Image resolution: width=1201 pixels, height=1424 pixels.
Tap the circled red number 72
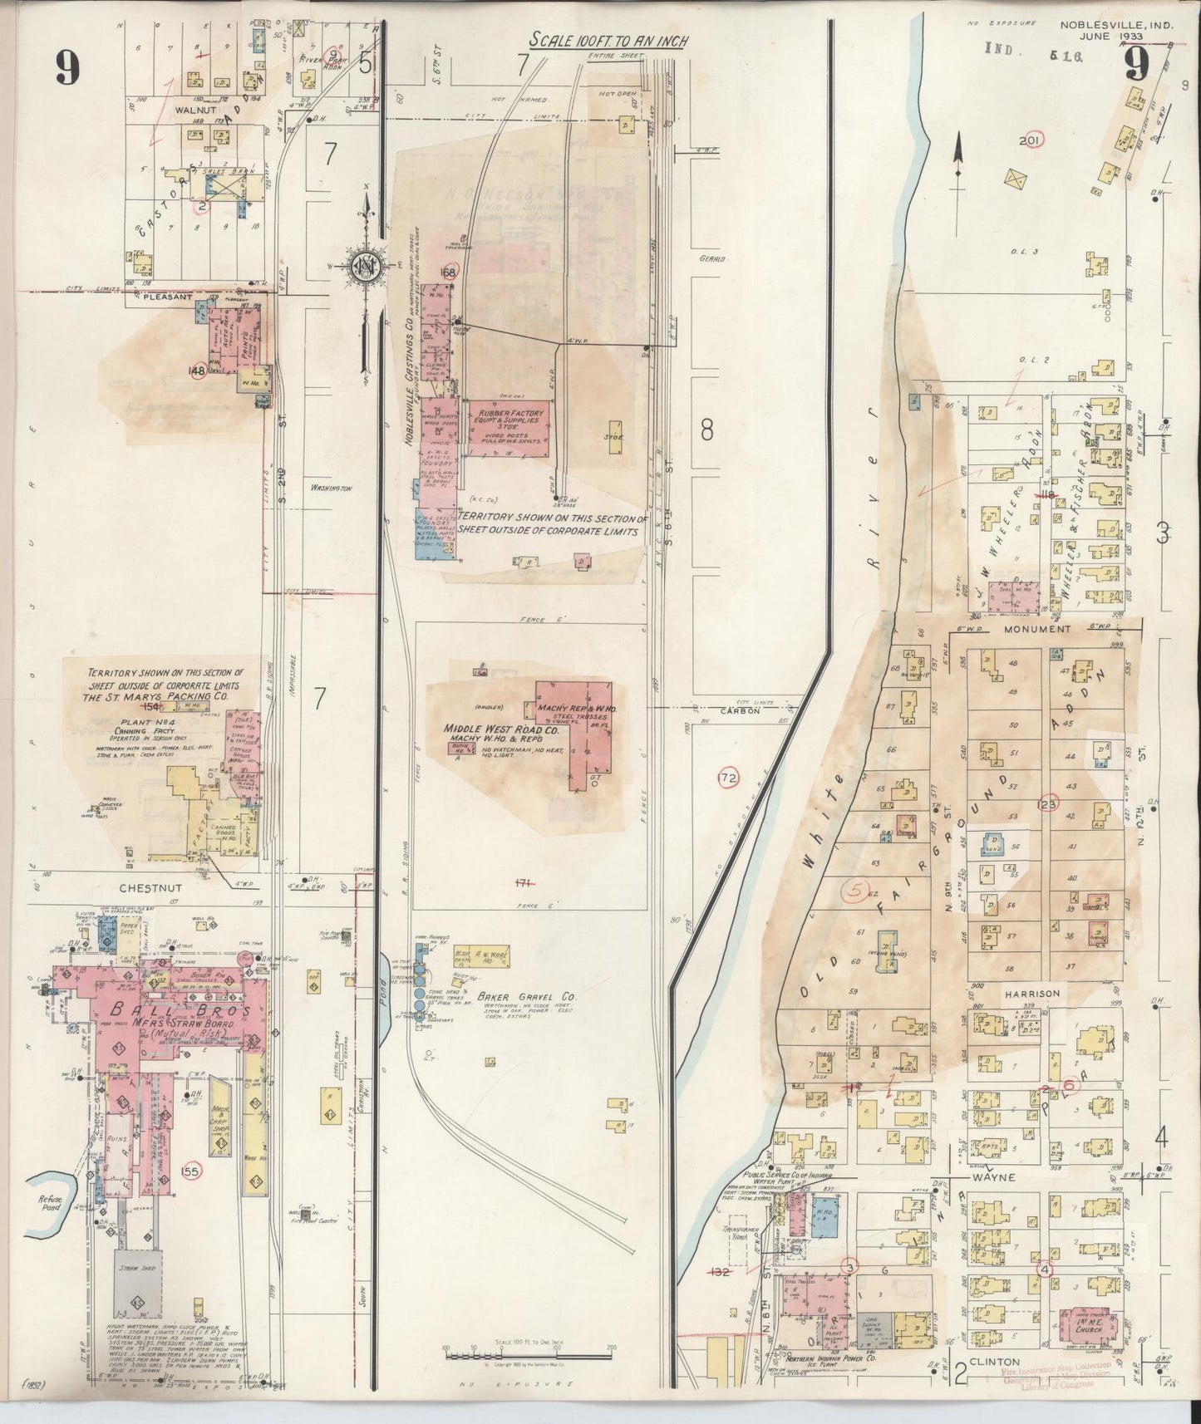pyautogui.click(x=728, y=778)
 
